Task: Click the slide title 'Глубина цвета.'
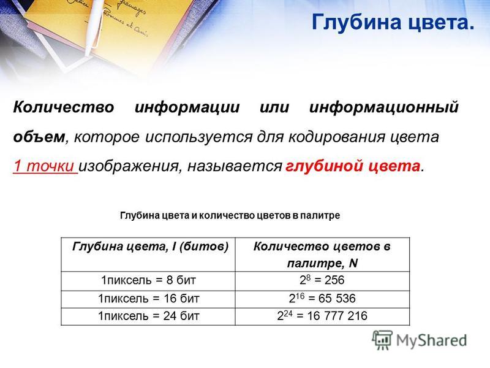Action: (x=393, y=22)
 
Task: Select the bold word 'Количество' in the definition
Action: (x=64, y=107)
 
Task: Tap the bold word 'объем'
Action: (x=39, y=137)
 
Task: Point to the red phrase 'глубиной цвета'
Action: (x=353, y=166)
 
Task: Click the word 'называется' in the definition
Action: (x=235, y=166)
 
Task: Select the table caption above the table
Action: (x=230, y=216)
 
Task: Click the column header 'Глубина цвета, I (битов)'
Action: (x=150, y=247)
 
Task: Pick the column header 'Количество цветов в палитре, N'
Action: (x=322, y=255)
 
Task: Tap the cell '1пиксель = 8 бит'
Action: (x=148, y=280)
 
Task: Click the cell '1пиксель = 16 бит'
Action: (x=148, y=299)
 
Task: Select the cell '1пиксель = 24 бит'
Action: (x=148, y=316)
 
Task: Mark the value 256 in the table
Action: (x=334, y=280)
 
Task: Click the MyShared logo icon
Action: (x=382, y=340)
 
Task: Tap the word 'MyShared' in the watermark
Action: (x=431, y=340)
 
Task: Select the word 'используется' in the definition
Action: (x=198, y=137)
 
